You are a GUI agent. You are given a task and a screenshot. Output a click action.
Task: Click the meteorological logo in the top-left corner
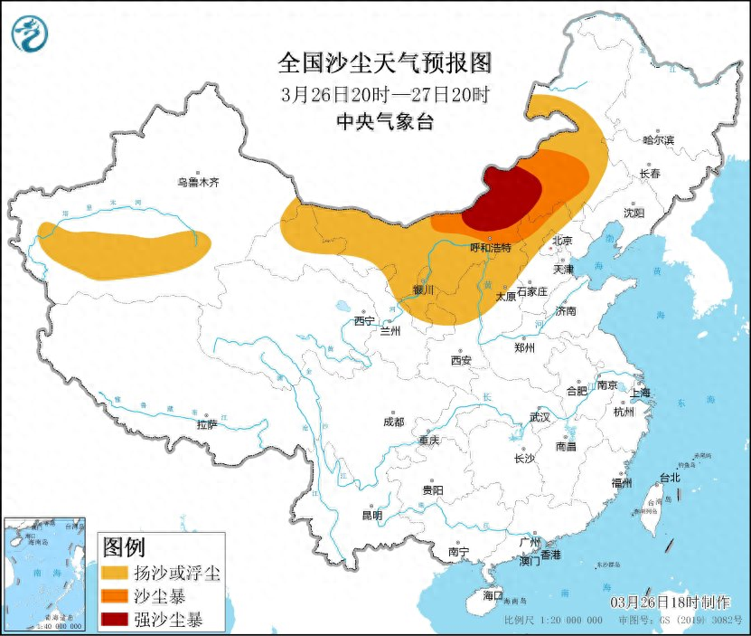click(x=29, y=33)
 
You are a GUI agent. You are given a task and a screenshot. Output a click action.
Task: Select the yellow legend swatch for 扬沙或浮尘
click(x=114, y=573)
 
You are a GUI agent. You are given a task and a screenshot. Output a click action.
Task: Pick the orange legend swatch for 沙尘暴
click(x=114, y=596)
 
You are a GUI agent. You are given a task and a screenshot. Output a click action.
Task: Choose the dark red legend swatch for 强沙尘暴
click(x=114, y=620)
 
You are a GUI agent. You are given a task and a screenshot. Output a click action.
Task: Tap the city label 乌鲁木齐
click(x=198, y=182)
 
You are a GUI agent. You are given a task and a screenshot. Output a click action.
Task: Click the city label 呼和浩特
click(x=492, y=247)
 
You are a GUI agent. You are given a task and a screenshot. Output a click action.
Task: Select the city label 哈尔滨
click(x=658, y=139)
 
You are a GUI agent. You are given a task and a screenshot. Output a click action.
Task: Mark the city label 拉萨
click(x=206, y=424)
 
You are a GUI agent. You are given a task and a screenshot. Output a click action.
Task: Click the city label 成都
click(x=393, y=422)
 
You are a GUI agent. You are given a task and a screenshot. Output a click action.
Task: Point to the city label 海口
click(x=492, y=595)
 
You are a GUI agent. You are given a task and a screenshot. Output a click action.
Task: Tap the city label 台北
click(x=669, y=477)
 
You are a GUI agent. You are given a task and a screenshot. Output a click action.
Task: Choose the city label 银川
click(x=423, y=290)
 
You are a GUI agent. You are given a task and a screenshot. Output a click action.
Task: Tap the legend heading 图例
click(x=125, y=547)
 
